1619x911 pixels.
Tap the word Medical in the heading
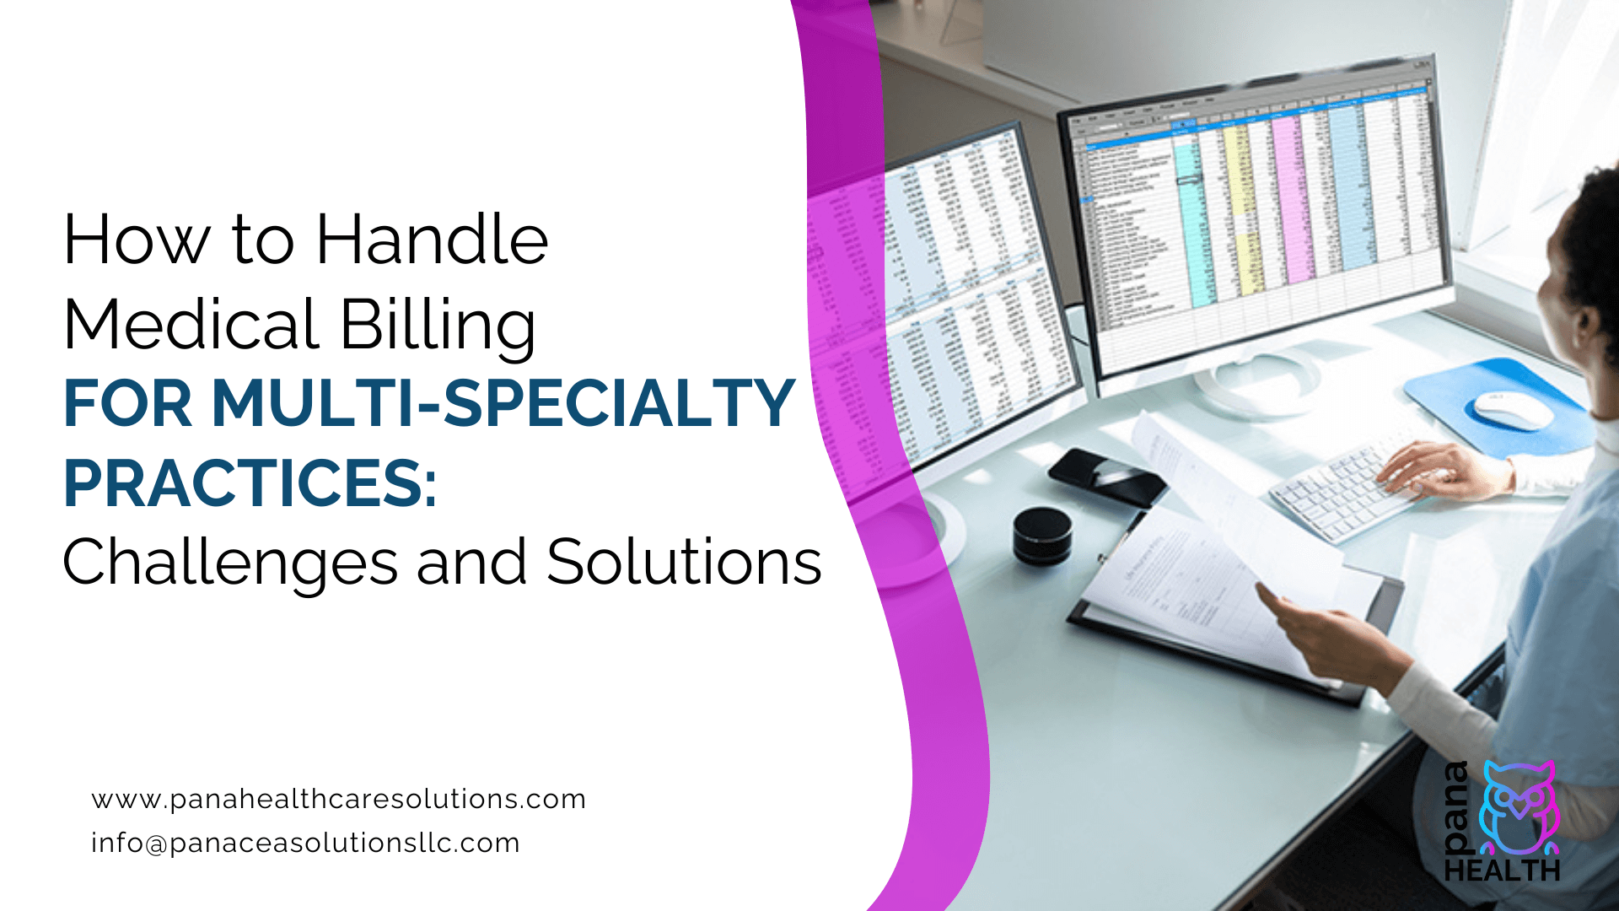[x=191, y=324]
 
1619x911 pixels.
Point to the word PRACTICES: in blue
[x=250, y=483]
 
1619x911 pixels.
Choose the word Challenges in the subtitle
[x=229, y=563]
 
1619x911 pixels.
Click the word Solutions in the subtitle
[x=683, y=562]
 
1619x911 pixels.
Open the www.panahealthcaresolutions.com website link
[x=338, y=799]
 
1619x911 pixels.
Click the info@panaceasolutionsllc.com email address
[x=305, y=843]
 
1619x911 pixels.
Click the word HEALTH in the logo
[x=1502, y=871]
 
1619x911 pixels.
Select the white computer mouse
[x=1513, y=410]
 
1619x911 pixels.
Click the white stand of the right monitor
[x=1256, y=380]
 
